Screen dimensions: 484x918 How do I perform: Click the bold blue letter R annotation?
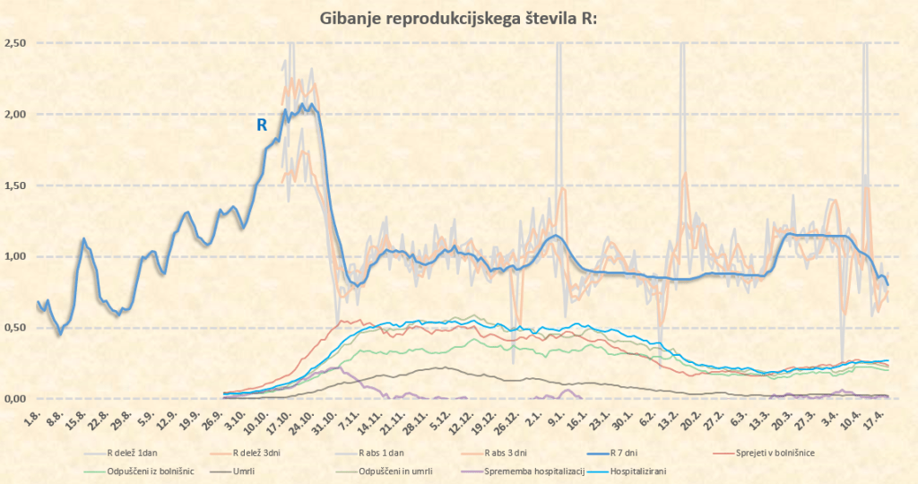tap(262, 125)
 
